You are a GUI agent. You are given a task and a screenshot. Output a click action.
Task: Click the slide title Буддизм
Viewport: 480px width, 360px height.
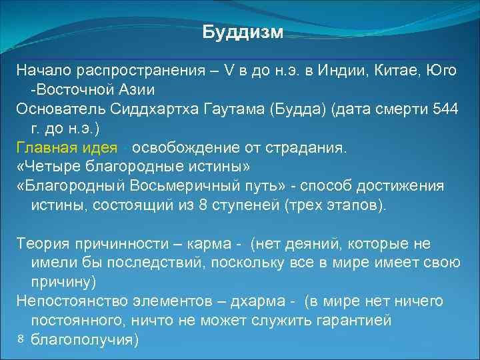243,33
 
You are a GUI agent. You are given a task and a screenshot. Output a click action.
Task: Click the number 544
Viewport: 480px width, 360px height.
445,109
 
